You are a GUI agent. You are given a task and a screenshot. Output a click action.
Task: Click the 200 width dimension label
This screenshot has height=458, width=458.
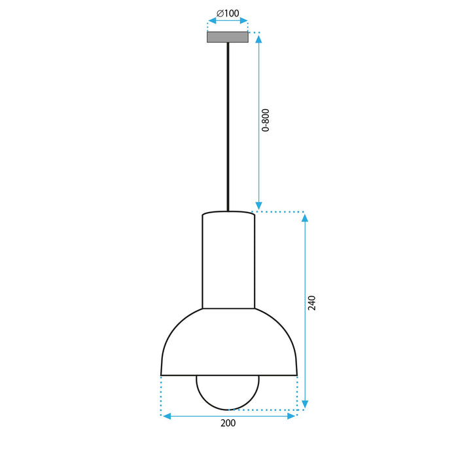point(228,423)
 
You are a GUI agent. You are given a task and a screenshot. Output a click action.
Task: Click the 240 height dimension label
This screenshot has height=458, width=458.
point(312,303)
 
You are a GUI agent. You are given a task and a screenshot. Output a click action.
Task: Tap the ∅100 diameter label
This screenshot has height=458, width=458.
point(228,13)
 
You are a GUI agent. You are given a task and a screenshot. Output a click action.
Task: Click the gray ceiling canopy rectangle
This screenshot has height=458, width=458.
point(228,37)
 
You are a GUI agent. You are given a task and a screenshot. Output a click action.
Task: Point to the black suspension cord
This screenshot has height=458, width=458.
point(228,124)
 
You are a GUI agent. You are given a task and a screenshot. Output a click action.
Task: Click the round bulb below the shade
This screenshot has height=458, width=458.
point(228,393)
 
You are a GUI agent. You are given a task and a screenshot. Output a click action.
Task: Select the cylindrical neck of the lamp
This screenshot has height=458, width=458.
point(228,262)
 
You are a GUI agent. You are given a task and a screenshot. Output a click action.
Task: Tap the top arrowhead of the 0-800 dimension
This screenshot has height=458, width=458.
point(258,38)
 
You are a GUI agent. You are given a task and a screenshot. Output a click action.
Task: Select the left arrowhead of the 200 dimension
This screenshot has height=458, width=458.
point(166,416)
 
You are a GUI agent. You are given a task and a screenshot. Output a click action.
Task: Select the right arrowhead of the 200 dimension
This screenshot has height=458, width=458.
point(292,416)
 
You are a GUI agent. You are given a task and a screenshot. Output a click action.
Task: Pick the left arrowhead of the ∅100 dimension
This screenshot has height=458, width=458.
point(211,21)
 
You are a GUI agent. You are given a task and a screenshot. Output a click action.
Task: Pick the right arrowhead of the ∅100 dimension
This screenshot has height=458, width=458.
point(245,21)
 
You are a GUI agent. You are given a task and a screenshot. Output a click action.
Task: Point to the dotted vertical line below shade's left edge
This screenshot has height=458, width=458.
point(161,395)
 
